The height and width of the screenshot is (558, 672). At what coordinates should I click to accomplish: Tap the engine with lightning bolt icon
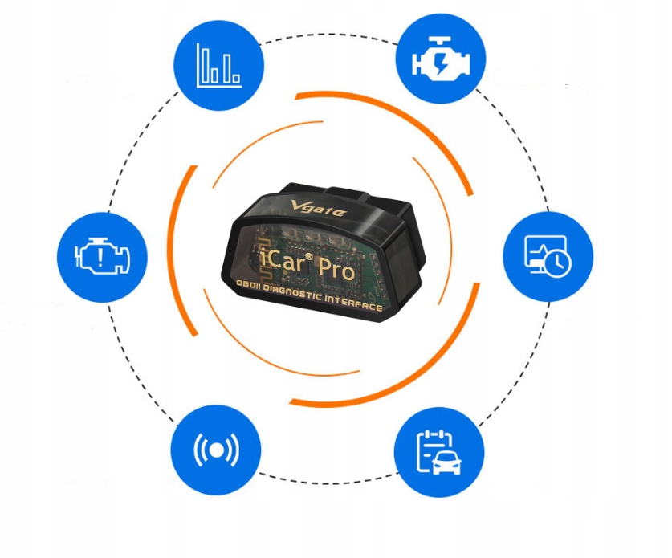point(442,59)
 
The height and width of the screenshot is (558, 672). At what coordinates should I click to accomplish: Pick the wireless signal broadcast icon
point(217,449)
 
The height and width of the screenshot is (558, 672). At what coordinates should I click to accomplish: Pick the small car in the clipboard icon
point(446,462)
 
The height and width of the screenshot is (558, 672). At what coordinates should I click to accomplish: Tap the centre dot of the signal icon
point(217,450)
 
